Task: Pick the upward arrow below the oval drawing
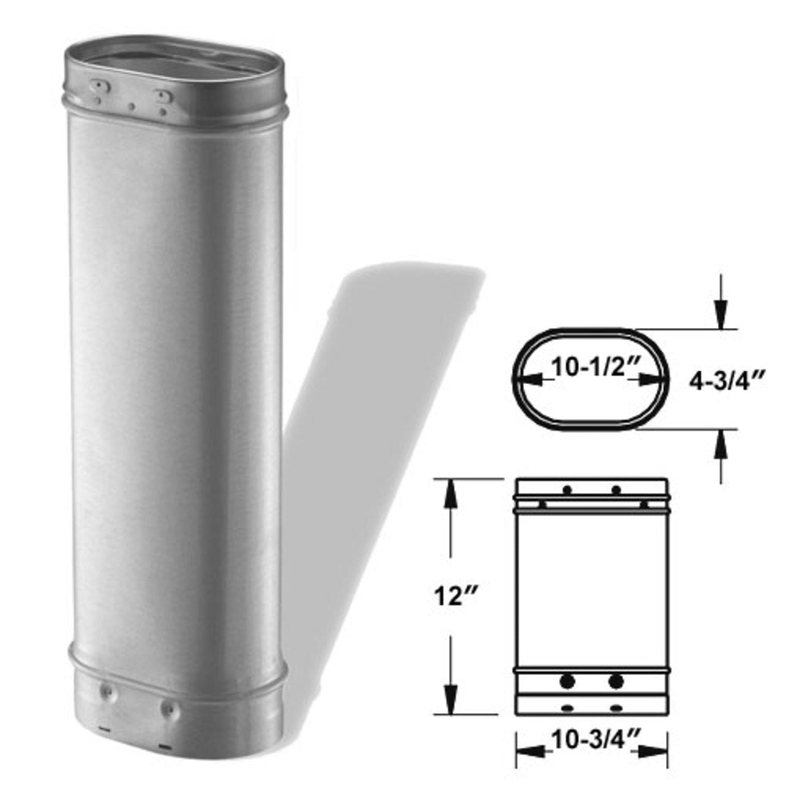721,452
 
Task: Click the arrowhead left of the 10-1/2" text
529,381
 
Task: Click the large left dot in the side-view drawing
568,680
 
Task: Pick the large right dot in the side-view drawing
616,680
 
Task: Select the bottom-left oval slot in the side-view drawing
566,708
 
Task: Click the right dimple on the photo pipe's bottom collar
166,709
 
